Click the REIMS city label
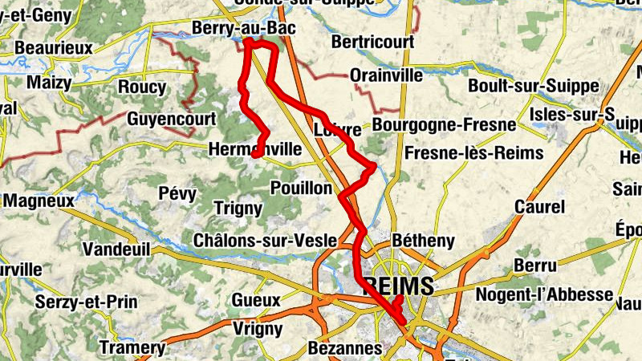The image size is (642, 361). tap(399, 286)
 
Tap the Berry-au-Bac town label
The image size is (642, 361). tap(244, 30)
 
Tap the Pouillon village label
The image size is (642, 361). tap(302, 187)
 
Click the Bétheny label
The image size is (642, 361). tap(425, 240)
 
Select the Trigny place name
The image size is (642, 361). tap(238, 209)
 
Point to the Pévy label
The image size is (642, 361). tap(177, 193)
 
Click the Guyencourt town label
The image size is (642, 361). tap(171, 119)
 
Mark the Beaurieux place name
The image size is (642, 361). tap(54, 48)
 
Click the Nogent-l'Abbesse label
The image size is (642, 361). tap(545, 294)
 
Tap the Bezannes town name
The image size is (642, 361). tap(344, 349)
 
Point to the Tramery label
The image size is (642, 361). tap(132, 347)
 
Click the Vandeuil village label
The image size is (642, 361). tap(116, 249)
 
